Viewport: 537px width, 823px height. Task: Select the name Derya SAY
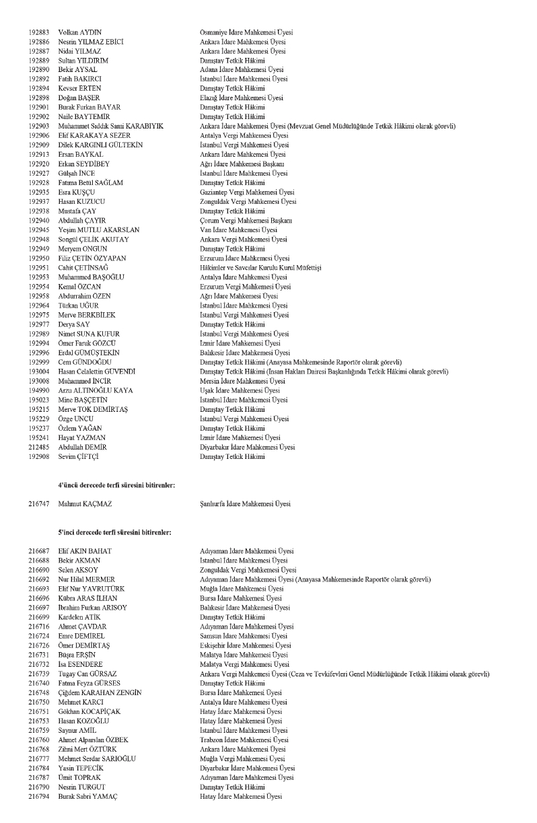[x=74, y=324]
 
